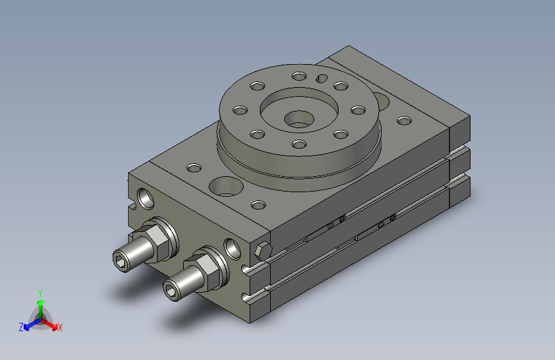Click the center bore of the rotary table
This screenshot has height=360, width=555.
click(299, 119)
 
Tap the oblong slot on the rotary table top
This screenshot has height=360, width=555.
click(321, 78)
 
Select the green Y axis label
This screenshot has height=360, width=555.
click(40, 293)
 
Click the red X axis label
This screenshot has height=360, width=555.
click(60, 327)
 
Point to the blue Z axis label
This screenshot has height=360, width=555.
click(21, 327)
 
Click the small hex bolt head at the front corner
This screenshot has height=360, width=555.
click(262, 251)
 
